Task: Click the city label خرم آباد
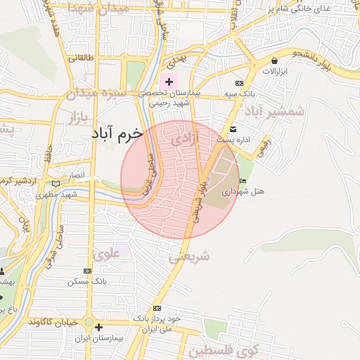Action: coord(116,132)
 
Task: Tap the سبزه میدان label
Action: coord(96,93)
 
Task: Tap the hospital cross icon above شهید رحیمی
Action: coord(169,82)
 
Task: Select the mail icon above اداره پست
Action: coord(233,129)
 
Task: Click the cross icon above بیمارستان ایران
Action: coord(98,327)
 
